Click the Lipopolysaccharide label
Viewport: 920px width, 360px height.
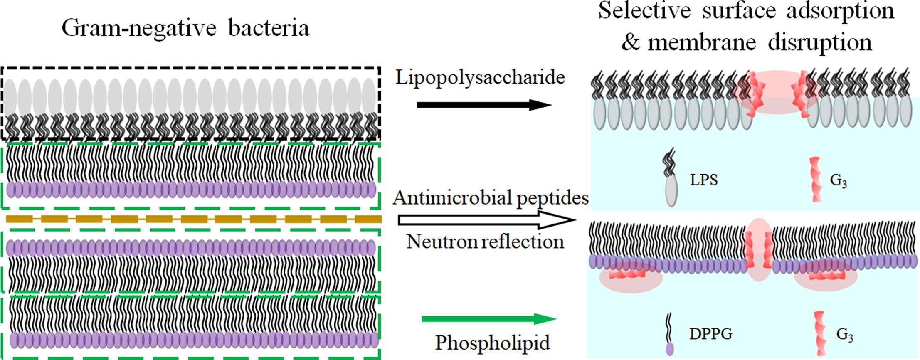[x=480, y=78]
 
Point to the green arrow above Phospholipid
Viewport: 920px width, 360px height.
[x=488, y=319]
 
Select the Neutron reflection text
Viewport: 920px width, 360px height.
[x=485, y=242]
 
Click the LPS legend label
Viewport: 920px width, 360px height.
[x=704, y=180]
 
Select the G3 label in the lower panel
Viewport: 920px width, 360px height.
[x=844, y=335]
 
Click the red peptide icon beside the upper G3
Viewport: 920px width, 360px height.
[x=816, y=179]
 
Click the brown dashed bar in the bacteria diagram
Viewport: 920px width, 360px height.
[x=194, y=219]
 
